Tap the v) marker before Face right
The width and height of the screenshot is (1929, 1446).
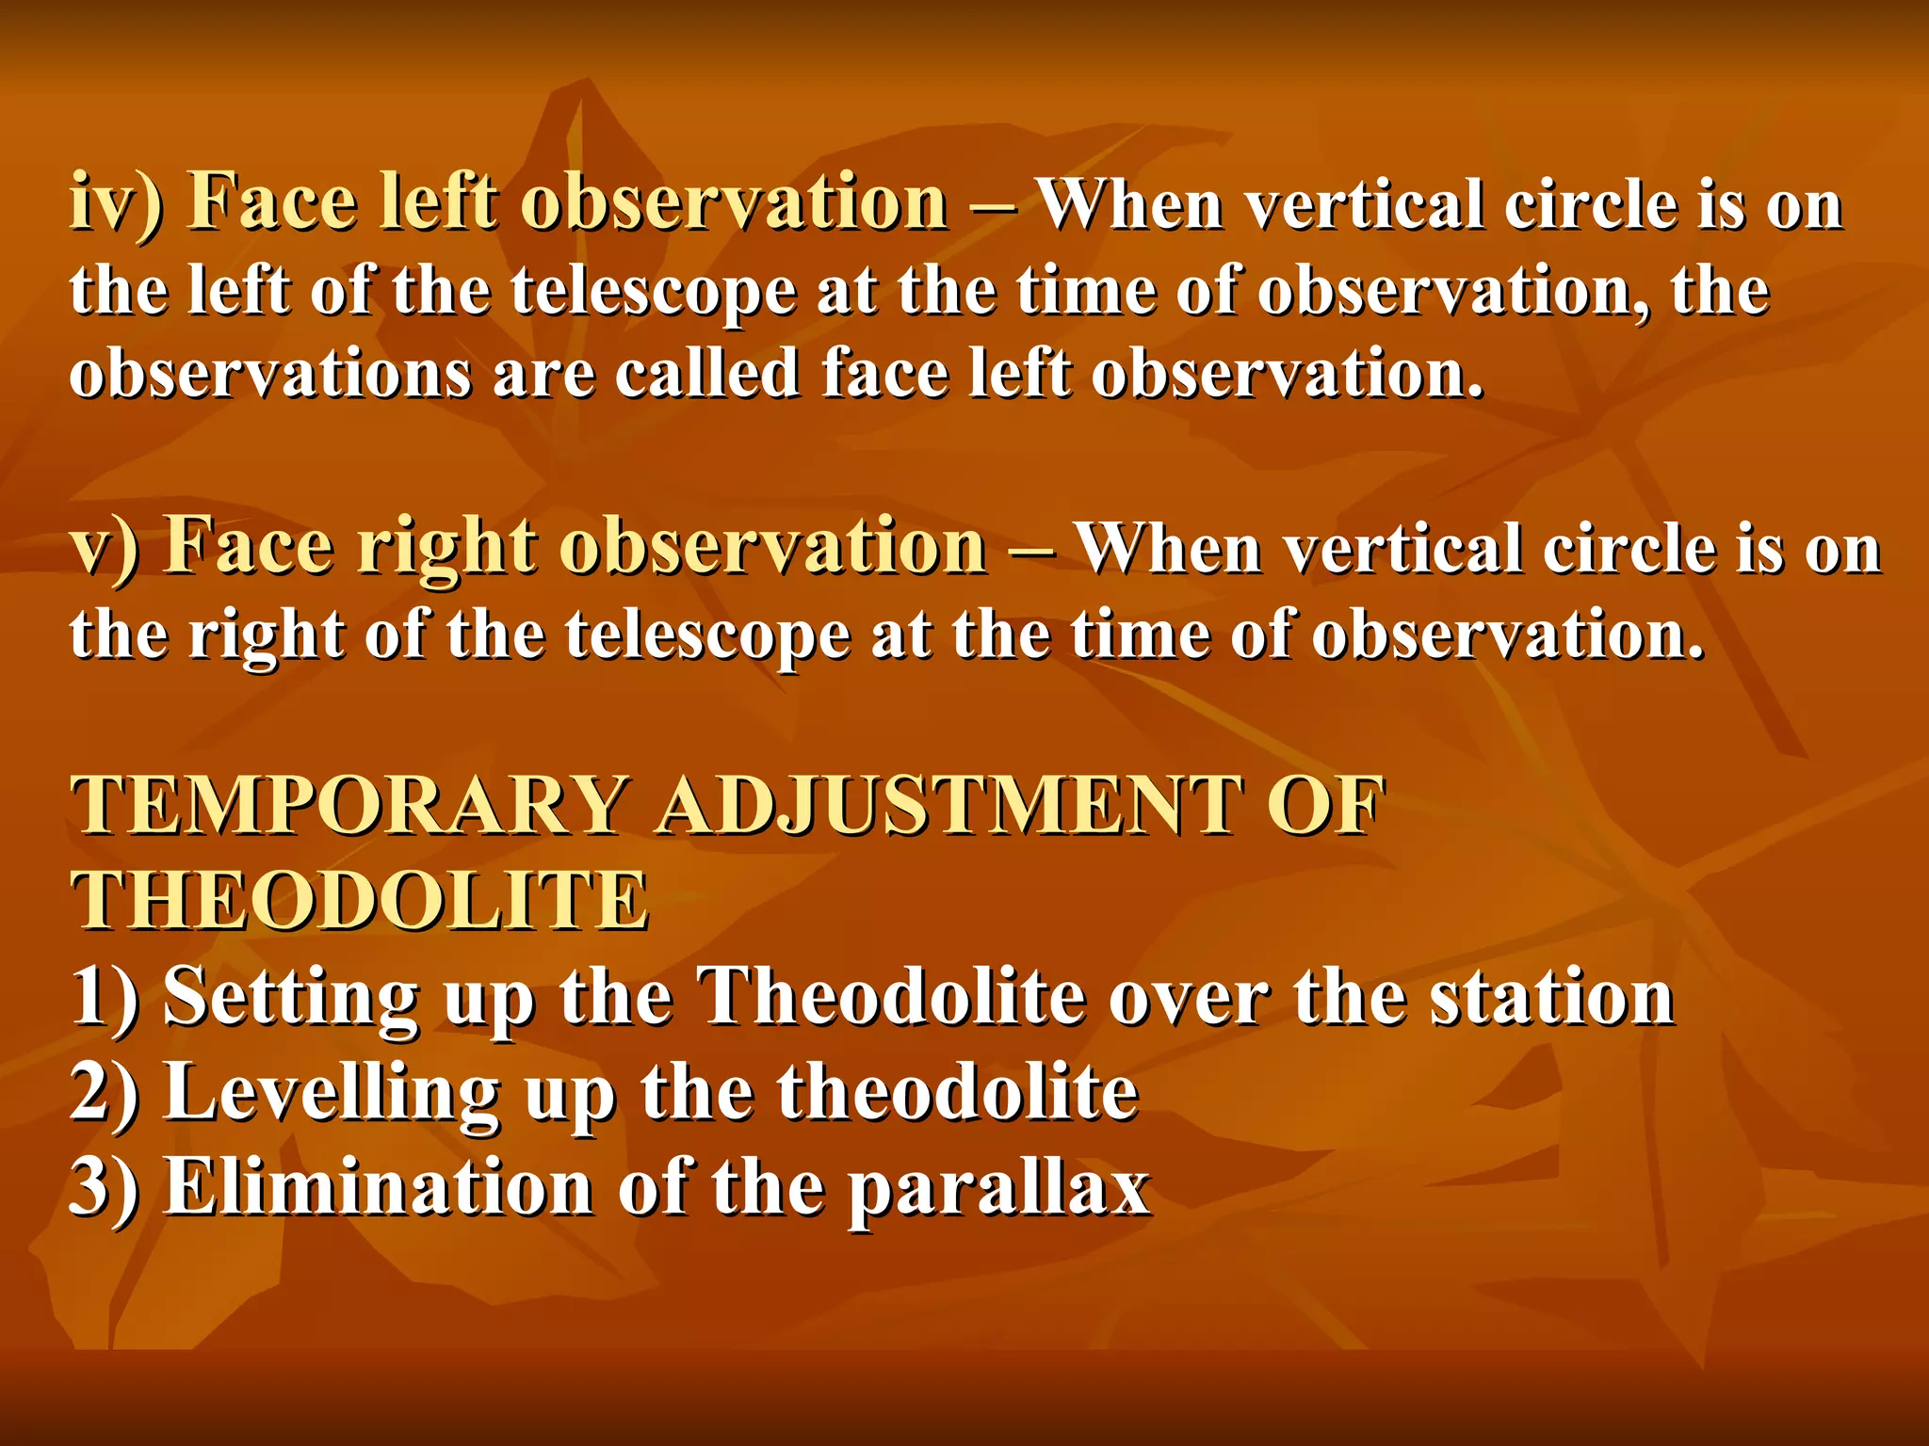tap(105, 547)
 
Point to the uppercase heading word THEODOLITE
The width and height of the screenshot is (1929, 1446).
tap(360, 901)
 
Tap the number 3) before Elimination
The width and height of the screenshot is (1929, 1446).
tap(105, 1187)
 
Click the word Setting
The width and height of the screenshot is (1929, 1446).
tap(291, 998)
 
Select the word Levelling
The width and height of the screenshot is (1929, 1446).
tap(332, 1094)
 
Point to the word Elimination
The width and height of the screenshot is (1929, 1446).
tap(379, 1187)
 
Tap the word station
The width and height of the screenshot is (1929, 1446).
tap(1551, 998)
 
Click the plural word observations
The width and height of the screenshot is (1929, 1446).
tap(270, 374)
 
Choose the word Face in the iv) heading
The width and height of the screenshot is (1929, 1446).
tap(273, 202)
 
